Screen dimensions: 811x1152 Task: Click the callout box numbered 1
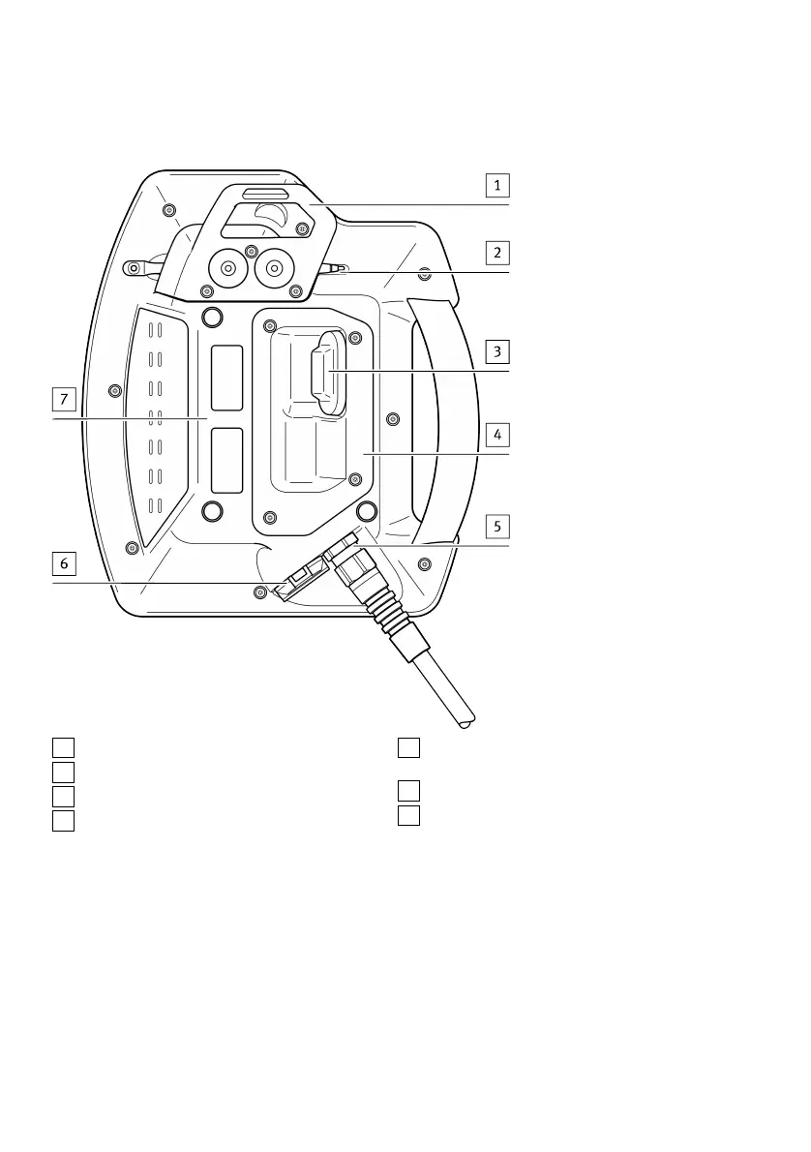click(x=497, y=184)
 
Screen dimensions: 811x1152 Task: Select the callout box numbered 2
click(x=497, y=253)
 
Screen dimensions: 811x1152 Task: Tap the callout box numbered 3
click(x=497, y=349)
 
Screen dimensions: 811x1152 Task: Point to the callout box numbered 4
click(x=497, y=433)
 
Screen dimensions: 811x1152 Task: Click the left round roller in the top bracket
click(x=227, y=268)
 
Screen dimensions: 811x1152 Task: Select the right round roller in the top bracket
click(x=275, y=267)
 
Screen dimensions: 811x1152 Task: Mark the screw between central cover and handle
click(x=392, y=419)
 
